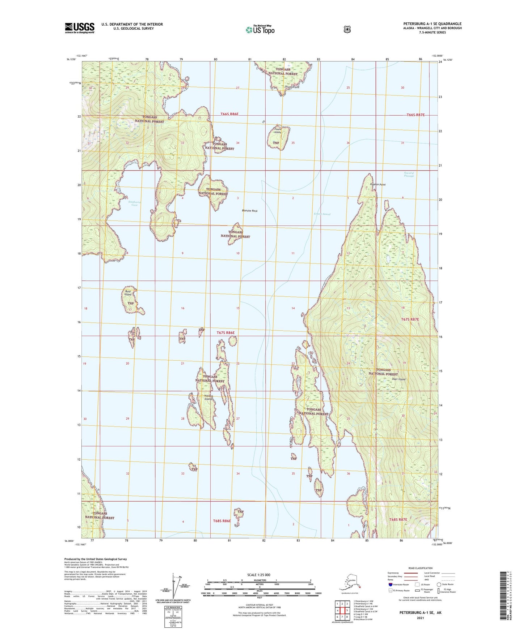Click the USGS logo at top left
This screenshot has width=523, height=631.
coord(79,28)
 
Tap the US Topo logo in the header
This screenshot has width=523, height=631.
coord(260,29)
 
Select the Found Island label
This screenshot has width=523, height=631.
coord(278,130)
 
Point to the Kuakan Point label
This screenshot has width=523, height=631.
coord(378,185)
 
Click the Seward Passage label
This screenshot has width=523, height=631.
coord(409,174)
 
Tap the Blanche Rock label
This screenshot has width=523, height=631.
coord(250,211)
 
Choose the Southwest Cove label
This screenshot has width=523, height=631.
coord(135,203)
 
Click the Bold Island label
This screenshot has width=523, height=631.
coord(128,293)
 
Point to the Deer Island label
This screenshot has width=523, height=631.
coord(398,379)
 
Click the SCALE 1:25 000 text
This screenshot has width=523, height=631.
coord(258,575)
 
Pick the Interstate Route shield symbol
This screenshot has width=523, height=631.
coord(390,584)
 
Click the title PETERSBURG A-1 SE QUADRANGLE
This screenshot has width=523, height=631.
coord(432,24)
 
